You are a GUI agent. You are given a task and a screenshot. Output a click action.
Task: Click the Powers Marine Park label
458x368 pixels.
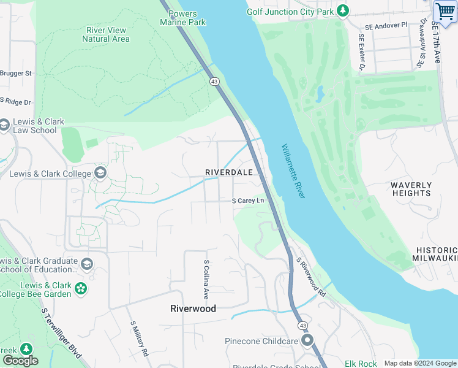[x=182, y=18]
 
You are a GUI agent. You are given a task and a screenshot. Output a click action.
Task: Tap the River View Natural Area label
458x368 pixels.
[x=106, y=34]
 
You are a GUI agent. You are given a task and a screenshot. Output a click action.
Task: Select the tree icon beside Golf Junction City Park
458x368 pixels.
[x=343, y=11]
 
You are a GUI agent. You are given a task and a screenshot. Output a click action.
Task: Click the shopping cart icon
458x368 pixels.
[x=445, y=12]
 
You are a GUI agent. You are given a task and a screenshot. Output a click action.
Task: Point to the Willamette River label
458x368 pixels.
[x=293, y=171]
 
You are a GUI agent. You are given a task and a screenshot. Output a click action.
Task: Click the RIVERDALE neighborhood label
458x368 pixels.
[x=228, y=172]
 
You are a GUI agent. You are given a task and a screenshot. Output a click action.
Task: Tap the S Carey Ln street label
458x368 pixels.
[x=248, y=201]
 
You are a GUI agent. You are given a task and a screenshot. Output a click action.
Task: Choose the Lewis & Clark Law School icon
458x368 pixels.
[x=5, y=126]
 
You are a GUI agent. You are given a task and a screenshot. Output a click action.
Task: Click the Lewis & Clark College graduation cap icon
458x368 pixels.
[x=100, y=174]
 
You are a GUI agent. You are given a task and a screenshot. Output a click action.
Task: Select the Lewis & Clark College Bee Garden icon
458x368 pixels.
[x=80, y=288]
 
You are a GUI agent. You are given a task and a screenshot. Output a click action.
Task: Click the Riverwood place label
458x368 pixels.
[x=193, y=309]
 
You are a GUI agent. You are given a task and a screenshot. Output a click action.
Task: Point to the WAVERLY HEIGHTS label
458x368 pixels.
[x=411, y=189]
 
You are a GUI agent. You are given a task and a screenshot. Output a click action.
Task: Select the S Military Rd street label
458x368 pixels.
[x=138, y=338]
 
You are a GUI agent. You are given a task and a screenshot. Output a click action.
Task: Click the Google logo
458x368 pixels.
[x=20, y=360]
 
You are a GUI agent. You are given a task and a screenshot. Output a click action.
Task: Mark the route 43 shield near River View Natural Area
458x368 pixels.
[x=214, y=82]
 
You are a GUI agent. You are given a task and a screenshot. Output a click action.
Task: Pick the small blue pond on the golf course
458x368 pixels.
[x=319, y=94]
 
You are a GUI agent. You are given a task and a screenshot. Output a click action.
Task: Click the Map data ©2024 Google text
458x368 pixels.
[x=419, y=363]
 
